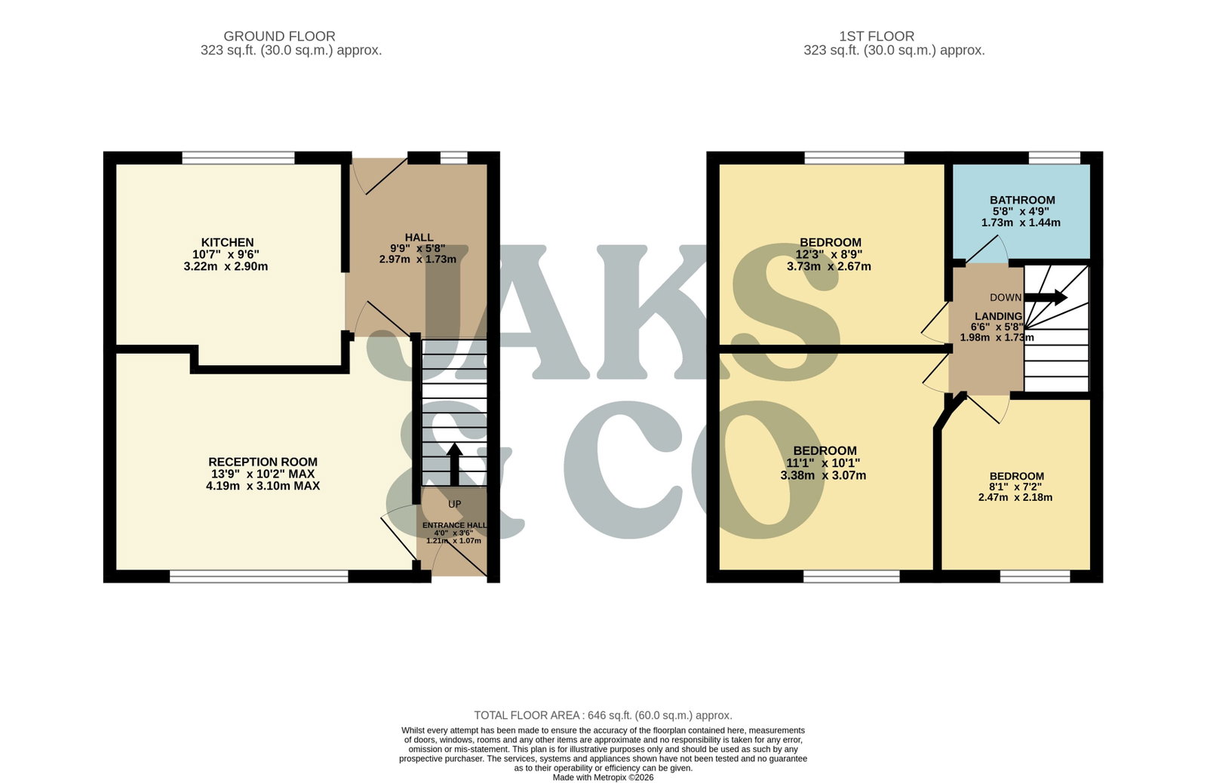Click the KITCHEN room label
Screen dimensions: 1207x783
pos(227,242)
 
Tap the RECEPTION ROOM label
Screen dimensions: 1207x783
pos(263,462)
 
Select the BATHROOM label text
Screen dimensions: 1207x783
pos(1022,200)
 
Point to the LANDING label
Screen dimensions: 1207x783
pos(999,316)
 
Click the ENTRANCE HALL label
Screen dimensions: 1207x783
pos(455,526)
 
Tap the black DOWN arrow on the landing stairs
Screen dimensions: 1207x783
pos(1046,297)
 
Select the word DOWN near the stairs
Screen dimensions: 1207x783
pos(1006,297)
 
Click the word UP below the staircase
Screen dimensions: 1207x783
pos(455,505)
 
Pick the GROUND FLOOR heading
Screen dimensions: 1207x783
pos(279,36)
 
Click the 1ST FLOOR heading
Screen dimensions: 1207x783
pos(877,36)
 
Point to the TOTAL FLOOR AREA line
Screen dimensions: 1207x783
pos(603,715)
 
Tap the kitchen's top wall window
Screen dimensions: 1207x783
pos(238,158)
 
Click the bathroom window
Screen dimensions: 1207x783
pos(1055,158)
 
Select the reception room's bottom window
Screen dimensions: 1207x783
pos(260,576)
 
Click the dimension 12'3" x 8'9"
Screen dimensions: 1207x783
pos(829,254)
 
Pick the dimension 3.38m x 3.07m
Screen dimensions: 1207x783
pos(823,475)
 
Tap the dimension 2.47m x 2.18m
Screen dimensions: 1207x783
pos(1015,497)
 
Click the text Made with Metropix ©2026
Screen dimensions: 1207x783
pos(603,778)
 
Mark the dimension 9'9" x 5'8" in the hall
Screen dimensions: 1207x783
pos(418,248)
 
